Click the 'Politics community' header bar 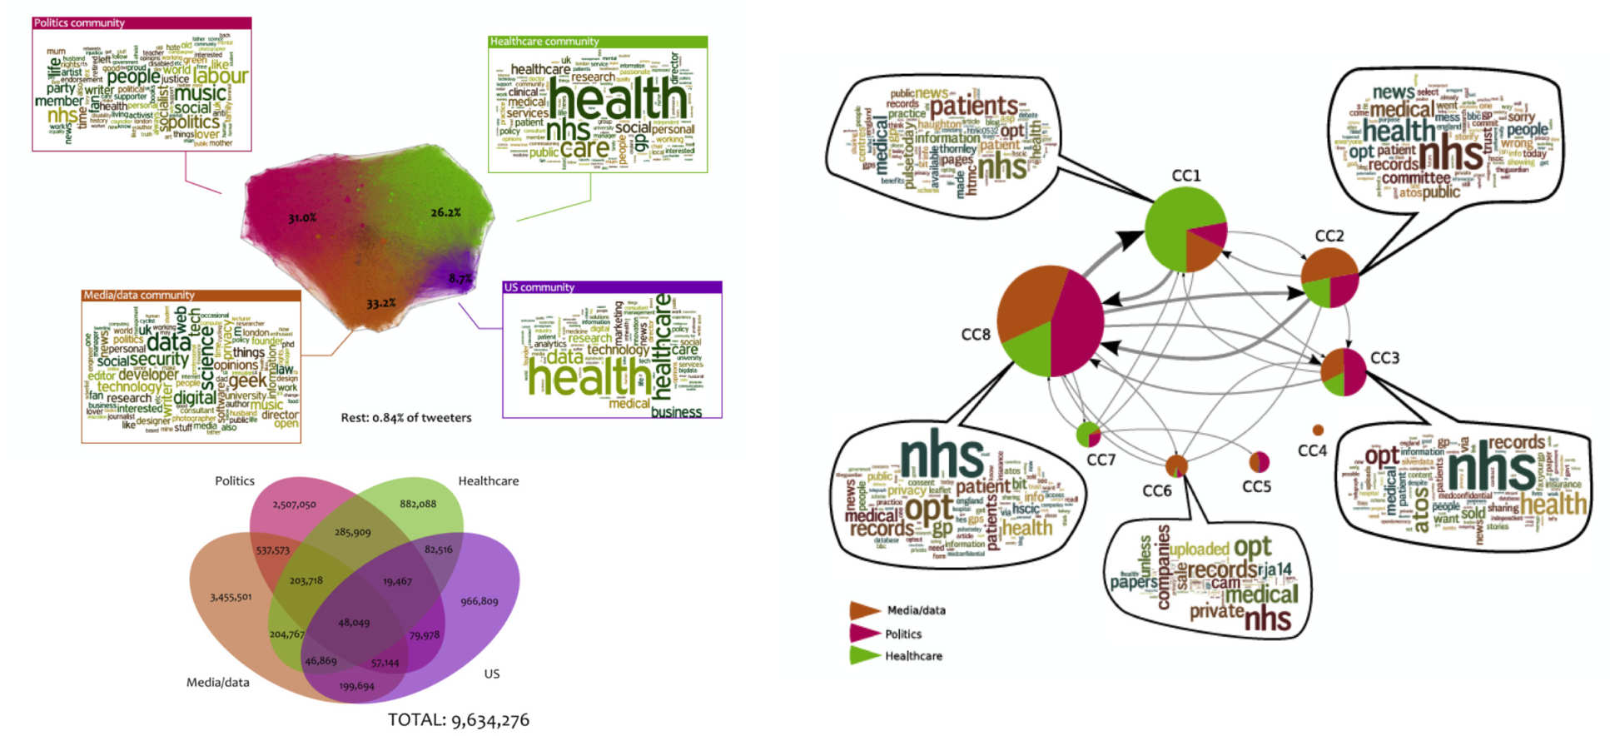tap(142, 22)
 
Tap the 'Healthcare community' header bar tap(597, 41)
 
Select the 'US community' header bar tap(612, 287)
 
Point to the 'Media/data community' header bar tap(191, 295)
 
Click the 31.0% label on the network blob tap(302, 218)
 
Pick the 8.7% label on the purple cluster tap(460, 278)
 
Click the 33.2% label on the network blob tap(381, 303)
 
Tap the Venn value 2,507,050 tap(294, 505)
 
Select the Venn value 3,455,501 tap(231, 597)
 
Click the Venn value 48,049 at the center tap(354, 622)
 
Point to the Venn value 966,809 tap(480, 601)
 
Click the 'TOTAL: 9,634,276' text tap(458, 720)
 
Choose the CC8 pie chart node tap(1050, 321)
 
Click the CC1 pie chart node tap(1185, 230)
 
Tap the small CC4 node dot tap(1318, 430)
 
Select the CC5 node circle tap(1260, 460)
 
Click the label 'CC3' tap(1384, 358)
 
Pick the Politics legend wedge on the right tap(865, 634)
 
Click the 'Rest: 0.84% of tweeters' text tap(405, 418)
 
